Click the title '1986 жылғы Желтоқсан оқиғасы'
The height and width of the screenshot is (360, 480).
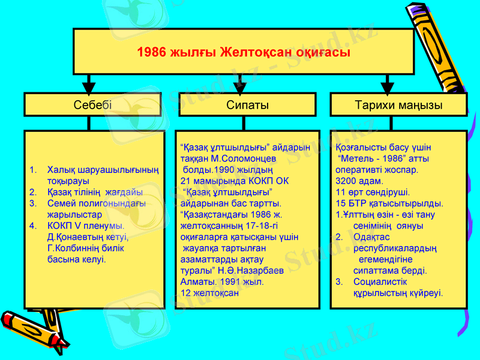(x=244, y=52)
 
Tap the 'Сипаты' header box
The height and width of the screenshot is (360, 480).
(x=247, y=105)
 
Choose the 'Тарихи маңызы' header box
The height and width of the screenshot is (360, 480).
(x=398, y=105)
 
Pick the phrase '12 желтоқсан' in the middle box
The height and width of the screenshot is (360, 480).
(x=209, y=293)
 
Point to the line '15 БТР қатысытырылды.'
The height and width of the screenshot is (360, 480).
(x=389, y=203)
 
